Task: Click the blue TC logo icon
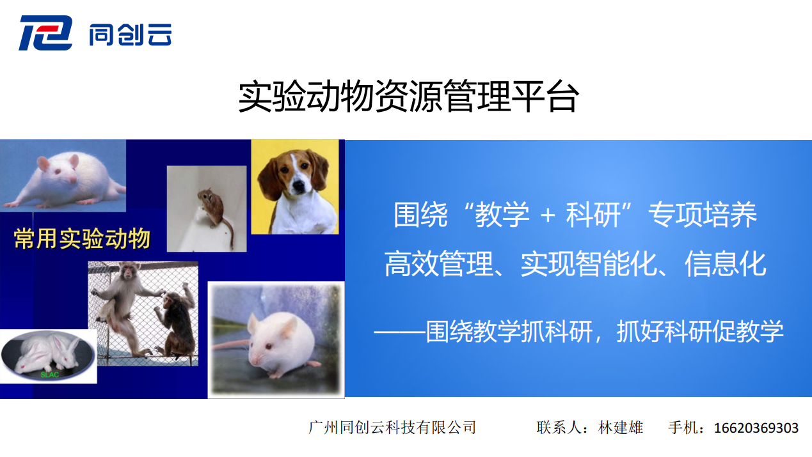pos(45,33)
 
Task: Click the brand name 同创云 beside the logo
pos(131,35)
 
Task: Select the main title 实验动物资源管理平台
pos(408,97)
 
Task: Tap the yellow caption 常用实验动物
pos(83,238)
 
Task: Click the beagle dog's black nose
pos(299,186)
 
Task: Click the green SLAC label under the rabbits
pos(50,375)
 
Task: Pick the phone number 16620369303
pos(756,428)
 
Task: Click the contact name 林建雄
pos(621,428)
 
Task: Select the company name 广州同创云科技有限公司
pos(392,428)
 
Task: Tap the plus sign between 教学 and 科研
pos(548,215)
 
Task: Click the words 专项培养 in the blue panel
pos(703,215)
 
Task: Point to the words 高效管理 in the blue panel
pos(439,264)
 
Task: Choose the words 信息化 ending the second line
pos(726,264)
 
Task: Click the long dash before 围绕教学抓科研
pos(399,331)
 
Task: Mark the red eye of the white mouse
pos(269,346)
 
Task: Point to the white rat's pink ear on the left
pos(44,164)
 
